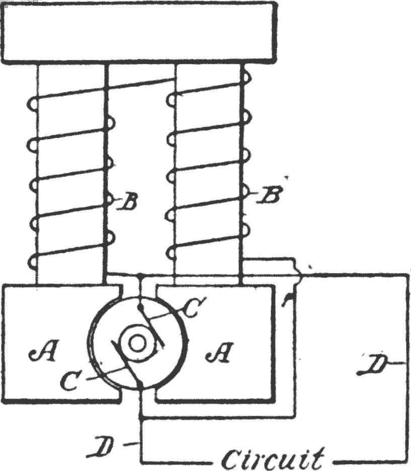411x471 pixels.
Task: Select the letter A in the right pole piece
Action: [x=220, y=351]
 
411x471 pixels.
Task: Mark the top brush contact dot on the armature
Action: [x=139, y=307]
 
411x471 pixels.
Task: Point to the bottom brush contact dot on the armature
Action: [x=141, y=385]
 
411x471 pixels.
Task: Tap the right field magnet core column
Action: [x=208, y=174]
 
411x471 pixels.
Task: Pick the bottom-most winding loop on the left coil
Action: [x=32, y=261]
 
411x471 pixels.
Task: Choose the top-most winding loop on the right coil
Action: [x=247, y=77]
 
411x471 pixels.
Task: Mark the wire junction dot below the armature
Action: [x=141, y=416]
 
